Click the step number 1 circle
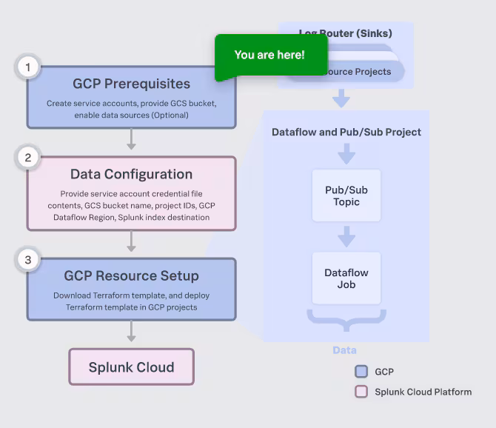[x=28, y=68]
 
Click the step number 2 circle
[x=28, y=158]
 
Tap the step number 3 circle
[x=28, y=260]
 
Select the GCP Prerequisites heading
[x=131, y=84]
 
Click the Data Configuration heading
[x=131, y=174]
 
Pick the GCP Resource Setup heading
[x=131, y=275]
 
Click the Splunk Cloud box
[x=131, y=367]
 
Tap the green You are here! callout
[x=269, y=56]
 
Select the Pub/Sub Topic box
[x=346, y=195]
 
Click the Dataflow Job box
[x=346, y=278]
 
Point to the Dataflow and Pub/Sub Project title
[x=346, y=132]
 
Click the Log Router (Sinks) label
[x=346, y=33]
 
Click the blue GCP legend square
[x=361, y=372]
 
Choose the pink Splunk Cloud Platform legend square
[x=361, y=392]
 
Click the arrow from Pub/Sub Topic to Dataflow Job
[x=346, y=236]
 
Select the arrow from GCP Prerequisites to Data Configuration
[x=131, y=139]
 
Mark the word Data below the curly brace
[x=344, y=350]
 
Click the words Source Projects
[x=359, y=72]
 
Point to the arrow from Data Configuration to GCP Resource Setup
[x=131, y=241]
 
